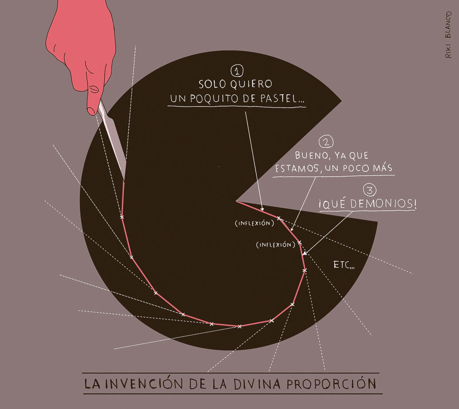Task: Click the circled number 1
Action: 237,71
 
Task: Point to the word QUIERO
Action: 251,84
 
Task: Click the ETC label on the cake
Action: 344,265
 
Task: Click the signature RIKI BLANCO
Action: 448,35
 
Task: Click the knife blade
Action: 113,141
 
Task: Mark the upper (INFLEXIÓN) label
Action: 255,223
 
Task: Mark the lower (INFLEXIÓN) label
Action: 276,245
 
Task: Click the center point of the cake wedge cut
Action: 236,201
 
